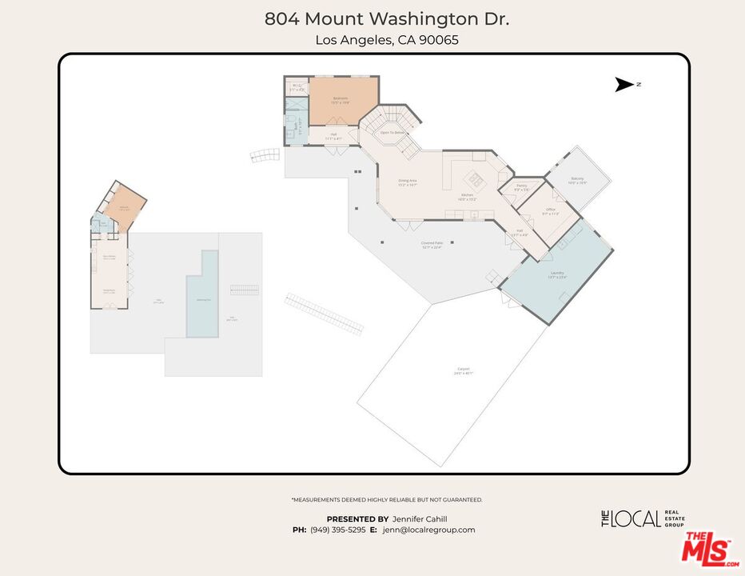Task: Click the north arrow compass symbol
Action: click(624, 85)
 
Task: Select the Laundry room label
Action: click(556, 274)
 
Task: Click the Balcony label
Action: click(577, 180)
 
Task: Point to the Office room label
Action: click(550, 211)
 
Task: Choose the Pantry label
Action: click(521, 187)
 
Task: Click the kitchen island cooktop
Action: click(477, 178)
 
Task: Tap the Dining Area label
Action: click(408, 182)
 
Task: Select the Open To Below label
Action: click(392, 133)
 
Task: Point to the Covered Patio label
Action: click(432, 244)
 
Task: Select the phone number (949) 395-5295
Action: click(337, 530)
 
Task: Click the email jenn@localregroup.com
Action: click(428, 530)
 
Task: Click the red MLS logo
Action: click(707, 549)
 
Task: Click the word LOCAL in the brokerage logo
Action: click(636, 518)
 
